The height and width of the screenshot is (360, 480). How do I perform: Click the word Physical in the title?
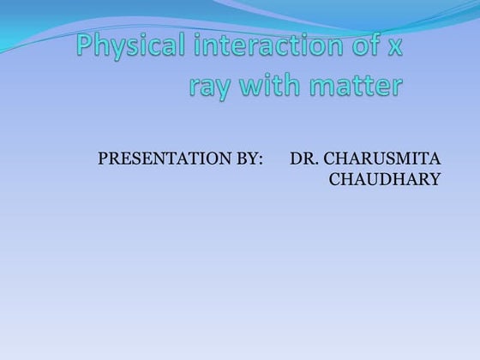(x=128, y=48)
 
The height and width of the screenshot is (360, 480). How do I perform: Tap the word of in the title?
(x=358, y=46)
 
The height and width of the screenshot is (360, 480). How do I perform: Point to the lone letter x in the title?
(x=394, y=48)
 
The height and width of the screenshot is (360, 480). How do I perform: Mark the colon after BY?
(x=260, y=160)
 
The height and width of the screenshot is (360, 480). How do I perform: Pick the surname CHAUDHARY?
(x=385, y=179)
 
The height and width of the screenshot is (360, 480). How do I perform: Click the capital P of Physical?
(x=86, y=46)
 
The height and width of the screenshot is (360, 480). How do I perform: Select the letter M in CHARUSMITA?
(x=406, y=159)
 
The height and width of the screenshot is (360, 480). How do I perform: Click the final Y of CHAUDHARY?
(x=435, y=179)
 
